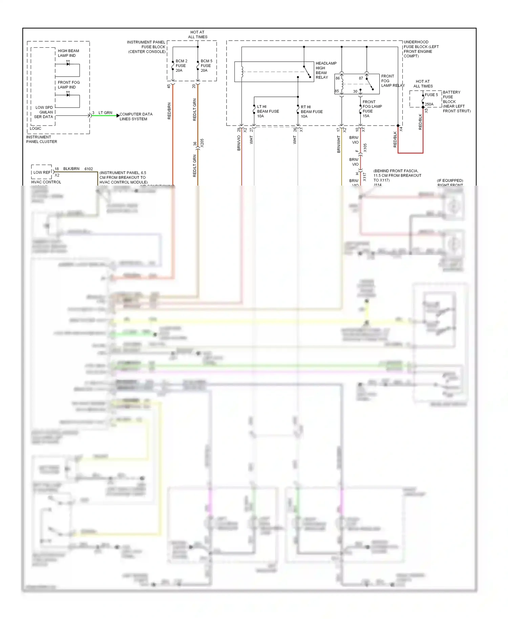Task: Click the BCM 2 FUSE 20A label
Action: pyautogui.click(x=181, y=66)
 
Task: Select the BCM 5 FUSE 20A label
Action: pyautogui.click(x=206, y=66)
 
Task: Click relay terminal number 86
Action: pyautogui.click(x=338, y=78)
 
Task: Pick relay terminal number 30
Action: pyautogui.click(x=355, y=91)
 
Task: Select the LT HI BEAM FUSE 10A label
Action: pyautogui.click(x=268, y=111)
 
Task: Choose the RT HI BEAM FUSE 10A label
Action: pyautogui.click(x=311, y=111)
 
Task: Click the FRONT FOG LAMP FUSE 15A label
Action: pyautogui.click(x=372, y=109)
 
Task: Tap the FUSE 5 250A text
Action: pyautogui.click(x=431, y=100)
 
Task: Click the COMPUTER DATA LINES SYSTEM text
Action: pyautogui.click(x=135, y=116)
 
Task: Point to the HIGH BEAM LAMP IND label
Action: pyautogui.click(x=68, y=53)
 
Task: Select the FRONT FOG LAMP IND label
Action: pyautogui.click(x=68, y=85)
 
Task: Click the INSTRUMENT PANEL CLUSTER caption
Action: pyautogui.click(x=41, y=140)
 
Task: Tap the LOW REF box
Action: pyautogui.click(x=42, y=172)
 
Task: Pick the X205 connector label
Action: pyautogui.click(x=202, y=143)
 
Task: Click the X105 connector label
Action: pyautogui.click(x=365, y=148)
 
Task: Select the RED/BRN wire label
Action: pyautogui.click(x=169, y=111)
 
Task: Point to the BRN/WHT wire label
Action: pyautogui.click(x=339, y=144)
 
